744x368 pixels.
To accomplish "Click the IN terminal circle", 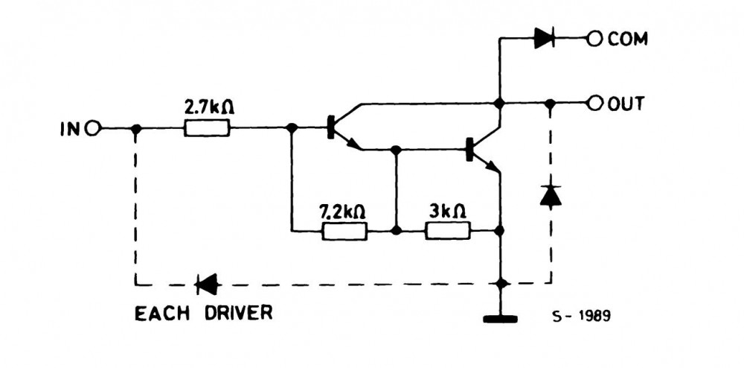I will point(92,128).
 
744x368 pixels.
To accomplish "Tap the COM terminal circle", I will point(594,39).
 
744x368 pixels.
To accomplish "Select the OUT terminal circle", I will point(594,104).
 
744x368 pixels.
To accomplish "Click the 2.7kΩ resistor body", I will point(207,128).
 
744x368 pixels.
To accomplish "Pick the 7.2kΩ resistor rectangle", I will point(344,231).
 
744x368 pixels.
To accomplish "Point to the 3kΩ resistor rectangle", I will point(448,231).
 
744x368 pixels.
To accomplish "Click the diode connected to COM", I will point(544,39).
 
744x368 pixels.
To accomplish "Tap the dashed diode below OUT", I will point(551,194).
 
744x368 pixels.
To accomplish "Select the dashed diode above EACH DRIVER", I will point(206,283).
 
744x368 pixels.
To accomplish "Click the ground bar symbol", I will point(500,320).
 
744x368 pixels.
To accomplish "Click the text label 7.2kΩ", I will point(342,211).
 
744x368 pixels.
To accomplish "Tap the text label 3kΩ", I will point(447,211).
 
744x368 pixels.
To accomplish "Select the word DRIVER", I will point(234,312).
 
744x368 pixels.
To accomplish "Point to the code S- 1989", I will point(582,316).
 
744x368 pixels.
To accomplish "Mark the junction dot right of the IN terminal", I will point(135,128).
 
